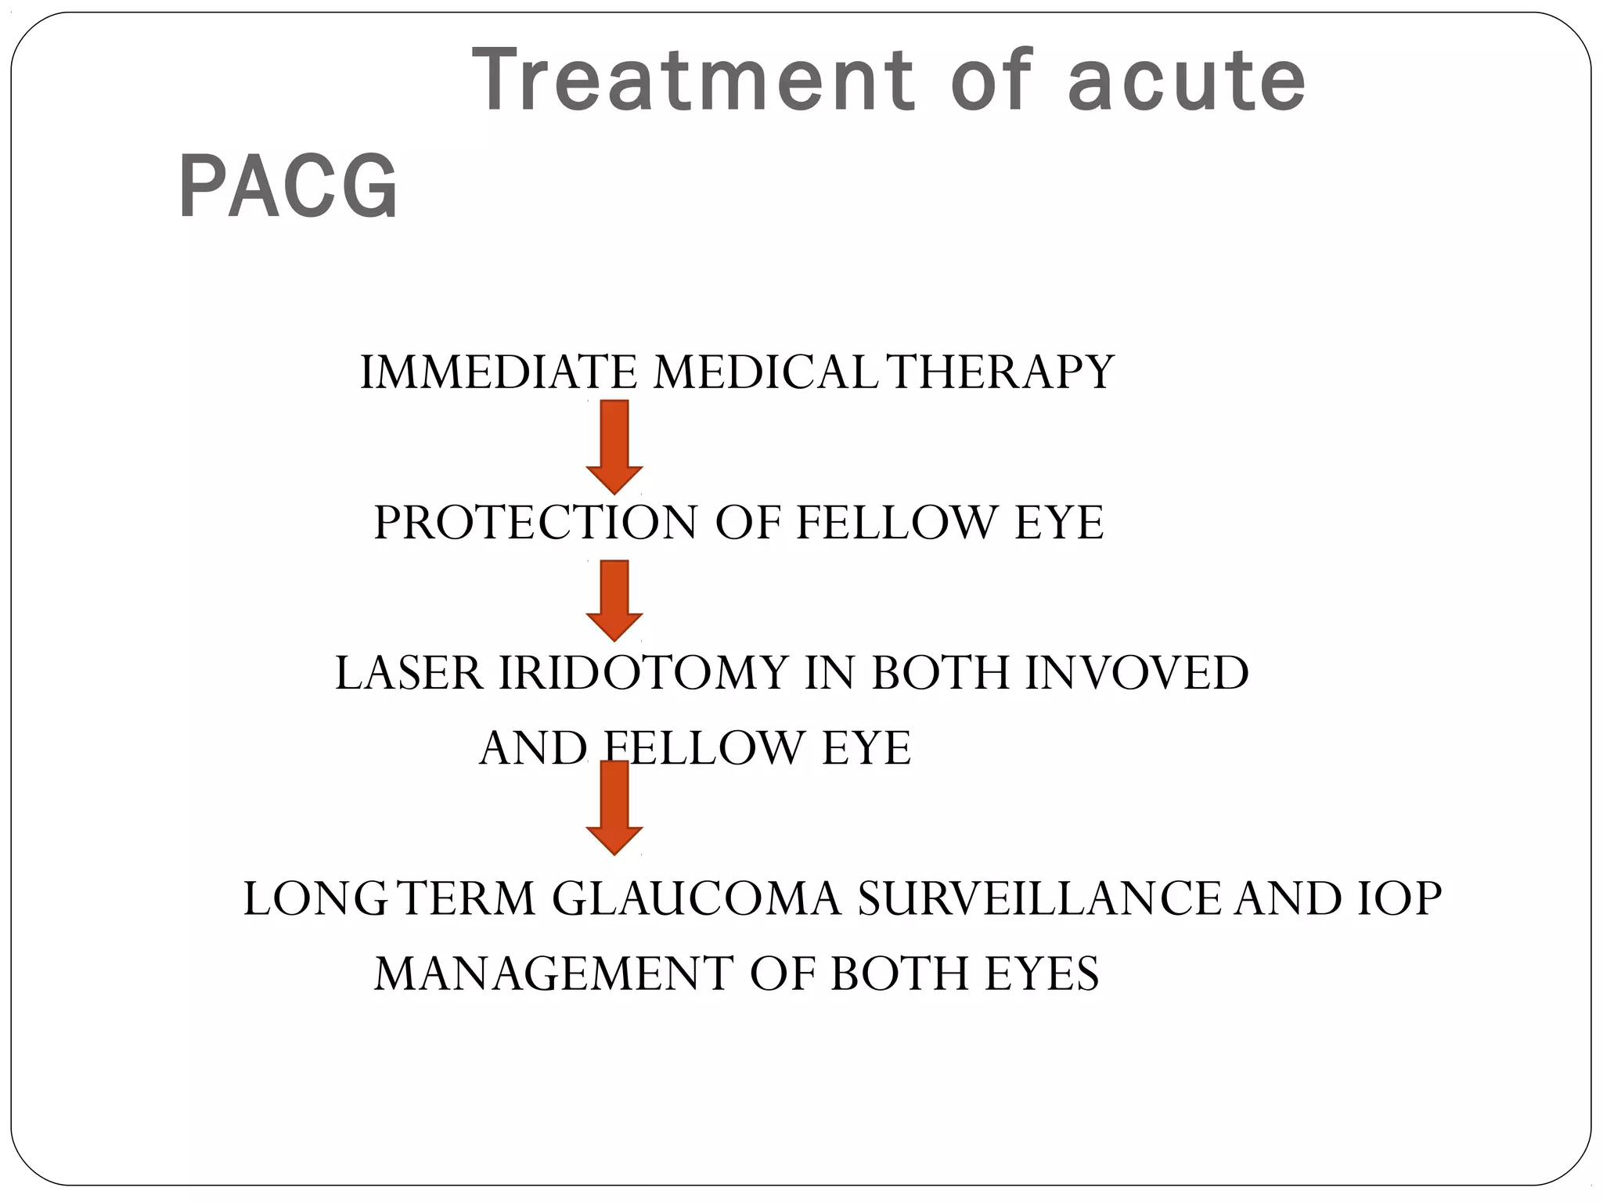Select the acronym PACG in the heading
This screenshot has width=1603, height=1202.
289,187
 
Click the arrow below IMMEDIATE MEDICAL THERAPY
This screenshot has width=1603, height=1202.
614,446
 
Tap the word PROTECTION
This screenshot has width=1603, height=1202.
535,523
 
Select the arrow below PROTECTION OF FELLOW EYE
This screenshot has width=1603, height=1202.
614,600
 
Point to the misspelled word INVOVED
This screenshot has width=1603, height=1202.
1137,673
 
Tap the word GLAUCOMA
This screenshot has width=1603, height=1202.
697,898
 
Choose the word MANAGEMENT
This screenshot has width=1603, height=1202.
554,974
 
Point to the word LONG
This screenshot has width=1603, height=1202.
315,898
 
